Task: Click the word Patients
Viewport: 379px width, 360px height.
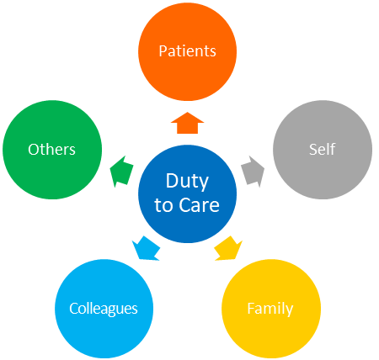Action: pos(187,51)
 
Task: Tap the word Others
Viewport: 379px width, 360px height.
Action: pos(51,149)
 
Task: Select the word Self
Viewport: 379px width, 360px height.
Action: pos(322,149)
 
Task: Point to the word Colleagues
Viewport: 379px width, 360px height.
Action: pos(104,309)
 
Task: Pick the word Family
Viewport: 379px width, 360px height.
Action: pos(270,309)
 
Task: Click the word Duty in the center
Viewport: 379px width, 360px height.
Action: pos(187,182)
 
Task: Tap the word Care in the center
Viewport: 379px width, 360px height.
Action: pos(199,205)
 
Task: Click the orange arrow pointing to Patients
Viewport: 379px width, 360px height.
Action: pos(187,123)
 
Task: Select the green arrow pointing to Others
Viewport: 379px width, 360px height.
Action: pos(121,172)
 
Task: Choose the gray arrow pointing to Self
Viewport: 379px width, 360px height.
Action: pos(253,172)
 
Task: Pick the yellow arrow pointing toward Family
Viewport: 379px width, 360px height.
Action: pos(228,248)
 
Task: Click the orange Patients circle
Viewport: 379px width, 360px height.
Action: pos(187,51)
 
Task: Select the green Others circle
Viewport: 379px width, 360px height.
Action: pos(52,150)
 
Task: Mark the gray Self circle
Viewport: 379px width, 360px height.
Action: pos(323,150)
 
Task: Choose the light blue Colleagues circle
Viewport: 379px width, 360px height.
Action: pos(104,309)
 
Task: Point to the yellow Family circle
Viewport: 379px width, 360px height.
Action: pos(271,309)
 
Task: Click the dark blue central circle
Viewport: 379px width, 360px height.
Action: pos(187,193)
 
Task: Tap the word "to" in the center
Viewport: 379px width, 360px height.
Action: pos(163,205)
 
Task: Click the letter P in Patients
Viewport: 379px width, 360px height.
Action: pos(163,51)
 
